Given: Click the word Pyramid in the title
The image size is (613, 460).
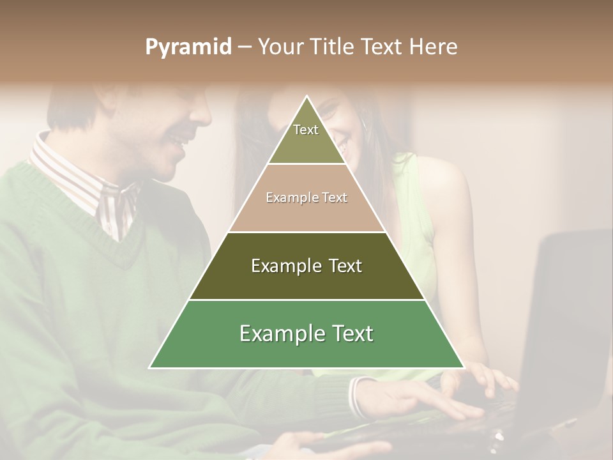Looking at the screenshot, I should click(188, 47).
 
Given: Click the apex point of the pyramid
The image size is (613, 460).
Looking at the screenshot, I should click(306, 96).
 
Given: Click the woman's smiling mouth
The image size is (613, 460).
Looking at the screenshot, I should click(342, 149).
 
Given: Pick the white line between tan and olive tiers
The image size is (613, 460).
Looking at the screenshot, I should click(306, 232).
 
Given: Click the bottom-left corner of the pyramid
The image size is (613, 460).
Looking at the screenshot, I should click(149, 368).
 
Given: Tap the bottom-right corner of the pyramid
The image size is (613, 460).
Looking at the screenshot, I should click(464, 368).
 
